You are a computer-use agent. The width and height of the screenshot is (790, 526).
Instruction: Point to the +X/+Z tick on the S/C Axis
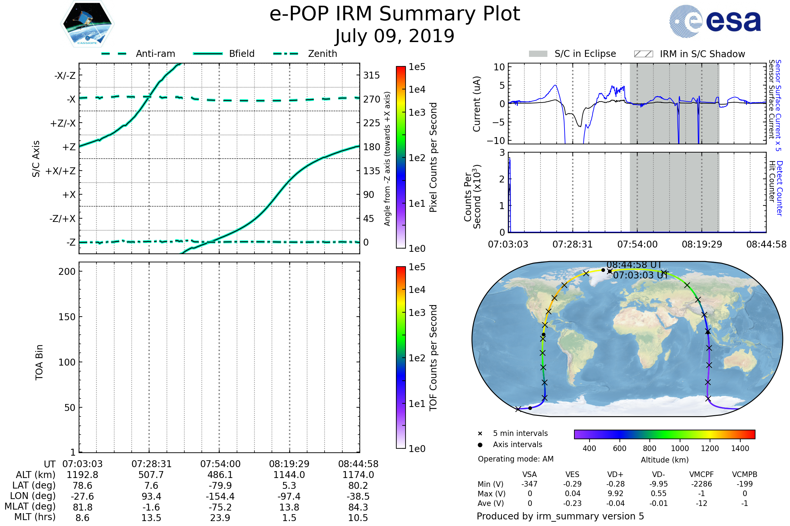(x=61, y=171)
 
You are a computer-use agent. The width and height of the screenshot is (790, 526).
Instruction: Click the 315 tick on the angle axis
(x=372, y=75)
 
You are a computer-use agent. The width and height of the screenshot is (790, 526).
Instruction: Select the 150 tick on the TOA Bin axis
(x=67, y=317)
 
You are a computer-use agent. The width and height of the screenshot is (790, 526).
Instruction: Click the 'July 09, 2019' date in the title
(x=395, y=36)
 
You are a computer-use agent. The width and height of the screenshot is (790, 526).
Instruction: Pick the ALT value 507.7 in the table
(x=151, y=475)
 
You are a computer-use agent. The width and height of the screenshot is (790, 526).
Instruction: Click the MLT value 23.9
(x=220, y=517)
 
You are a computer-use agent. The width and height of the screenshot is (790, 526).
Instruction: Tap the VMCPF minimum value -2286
(x=701, y=484)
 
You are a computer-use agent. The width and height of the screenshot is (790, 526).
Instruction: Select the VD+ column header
(x=615, y=474)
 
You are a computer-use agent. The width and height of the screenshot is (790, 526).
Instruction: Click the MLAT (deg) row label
(x=30, y=507)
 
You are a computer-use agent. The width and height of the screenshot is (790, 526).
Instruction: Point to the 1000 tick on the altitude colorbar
(x=680, y=448)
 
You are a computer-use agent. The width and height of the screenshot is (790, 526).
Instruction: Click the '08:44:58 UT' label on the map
(x=634, y=265)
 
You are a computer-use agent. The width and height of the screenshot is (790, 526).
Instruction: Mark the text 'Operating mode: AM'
(x=515, y=459)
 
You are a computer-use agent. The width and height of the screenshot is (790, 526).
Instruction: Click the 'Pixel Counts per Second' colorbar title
(x=433, y=157)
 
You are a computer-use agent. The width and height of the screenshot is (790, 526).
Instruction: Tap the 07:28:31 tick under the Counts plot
(x=572, y=244)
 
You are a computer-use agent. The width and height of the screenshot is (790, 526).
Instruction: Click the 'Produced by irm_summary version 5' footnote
(x=560, y=516)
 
